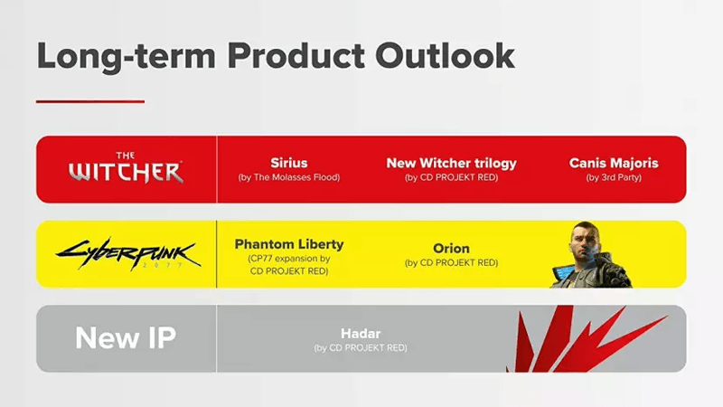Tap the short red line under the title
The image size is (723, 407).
tap(89, 101)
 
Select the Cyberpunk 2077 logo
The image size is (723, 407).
tap(126, 252)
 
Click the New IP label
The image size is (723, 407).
tap(126, 337)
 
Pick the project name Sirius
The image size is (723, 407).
tap(289, 163)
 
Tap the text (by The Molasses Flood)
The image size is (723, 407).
tap(289, 177)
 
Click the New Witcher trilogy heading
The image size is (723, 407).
tap(451, 163)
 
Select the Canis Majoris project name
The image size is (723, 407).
tap(614, 163)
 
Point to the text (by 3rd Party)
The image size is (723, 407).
tap(614, 177)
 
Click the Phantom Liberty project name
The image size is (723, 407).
tap(289, 244)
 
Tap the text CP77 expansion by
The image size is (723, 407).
tap(289, 259)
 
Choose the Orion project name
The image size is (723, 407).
tap(451, 248)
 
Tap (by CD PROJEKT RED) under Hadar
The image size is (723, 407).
tap(361, 347)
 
